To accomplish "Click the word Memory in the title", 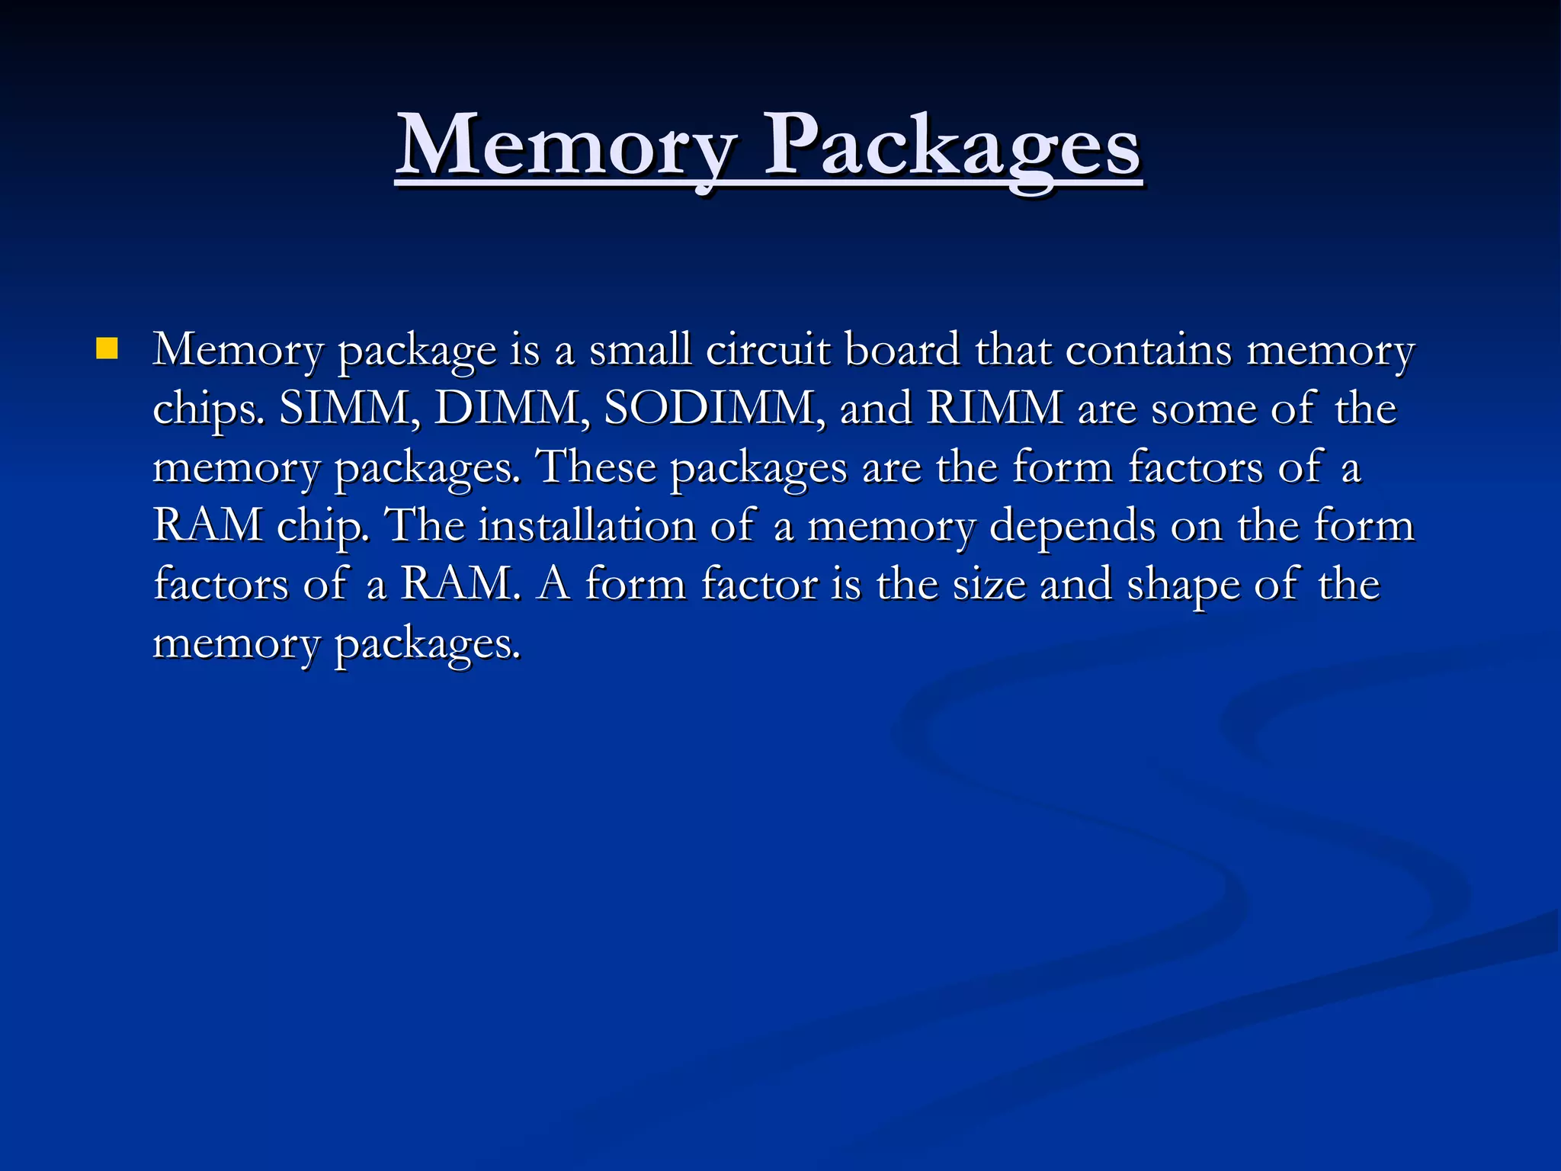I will click(x=567, y=145).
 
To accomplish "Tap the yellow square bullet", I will click(x=107, y=349).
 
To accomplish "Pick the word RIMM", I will click(x=995, y=408).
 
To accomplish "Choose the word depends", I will click(x=1072, y=525).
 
